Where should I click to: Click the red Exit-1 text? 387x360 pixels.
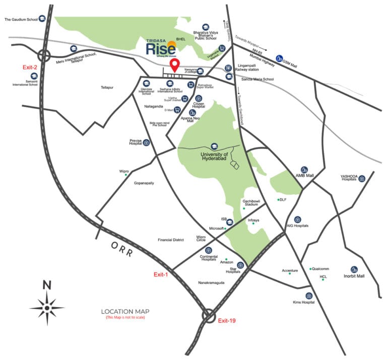pyautogui.click(x=161, y=274)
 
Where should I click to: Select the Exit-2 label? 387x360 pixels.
pyautogui.click(x=30, y=67)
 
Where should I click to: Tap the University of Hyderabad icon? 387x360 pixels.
pyautogui.click(x=214, y=146)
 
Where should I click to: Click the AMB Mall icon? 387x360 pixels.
pyautogui.click(x=304, y=170)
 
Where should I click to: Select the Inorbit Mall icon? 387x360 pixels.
pyautogui.click(x=354, y=270)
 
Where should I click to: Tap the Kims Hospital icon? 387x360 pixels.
pyautogui.click(x=308, y=296)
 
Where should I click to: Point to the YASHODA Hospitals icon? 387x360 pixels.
pyautogui.click(x=361, y=178)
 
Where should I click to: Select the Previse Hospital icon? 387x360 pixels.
pyautogui.click(x=146, y=142)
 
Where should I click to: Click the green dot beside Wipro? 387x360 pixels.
pyautogui.click(x=126, y=175)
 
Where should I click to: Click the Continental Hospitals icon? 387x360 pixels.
pyautogui.click(x=208, y=251)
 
